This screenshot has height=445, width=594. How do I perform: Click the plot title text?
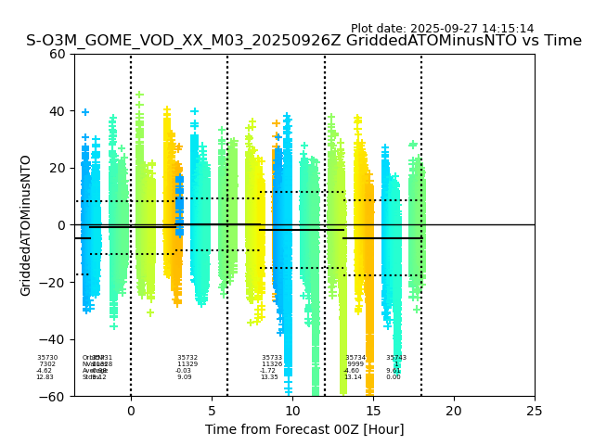[303, 41]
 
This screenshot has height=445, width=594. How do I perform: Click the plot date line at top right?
[442, 29]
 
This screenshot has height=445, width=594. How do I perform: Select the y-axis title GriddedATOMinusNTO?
[26, 225]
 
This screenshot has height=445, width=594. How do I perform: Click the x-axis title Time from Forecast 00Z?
[304, 429]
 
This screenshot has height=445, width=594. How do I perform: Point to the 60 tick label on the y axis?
[58, 54]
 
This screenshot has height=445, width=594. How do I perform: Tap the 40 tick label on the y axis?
[58, 111]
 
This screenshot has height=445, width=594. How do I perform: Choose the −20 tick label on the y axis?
[54, 283]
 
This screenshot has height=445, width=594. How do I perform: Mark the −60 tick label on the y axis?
[54, 397]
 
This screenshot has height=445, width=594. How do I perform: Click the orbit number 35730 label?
[47, 358]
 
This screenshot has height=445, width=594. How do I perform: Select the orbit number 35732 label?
[187, 358]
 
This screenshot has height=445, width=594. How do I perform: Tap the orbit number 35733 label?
[272, 358]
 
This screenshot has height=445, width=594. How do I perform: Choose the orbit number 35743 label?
[396, 358]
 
